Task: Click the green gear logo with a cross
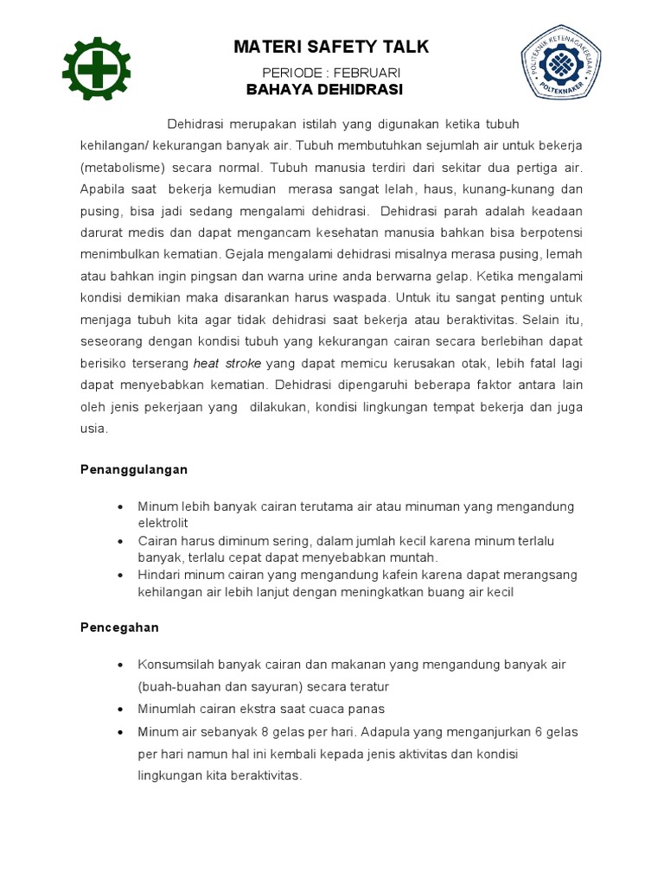tap(97, 68)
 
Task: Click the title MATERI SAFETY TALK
tap(331, 47)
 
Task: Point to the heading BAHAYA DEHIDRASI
tap(324, 89)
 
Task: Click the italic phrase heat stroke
tap(227, 363)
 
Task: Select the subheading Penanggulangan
tap(134, 469)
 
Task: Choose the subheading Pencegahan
tap(119, 627)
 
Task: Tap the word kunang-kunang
tap(501, 189)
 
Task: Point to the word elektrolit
tap(163, 523)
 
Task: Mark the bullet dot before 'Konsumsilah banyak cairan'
tap(120, 665)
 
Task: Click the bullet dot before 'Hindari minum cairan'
tap(120, 576)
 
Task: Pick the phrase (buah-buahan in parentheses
tap(176, 686)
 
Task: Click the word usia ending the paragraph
tap(93, 428)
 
